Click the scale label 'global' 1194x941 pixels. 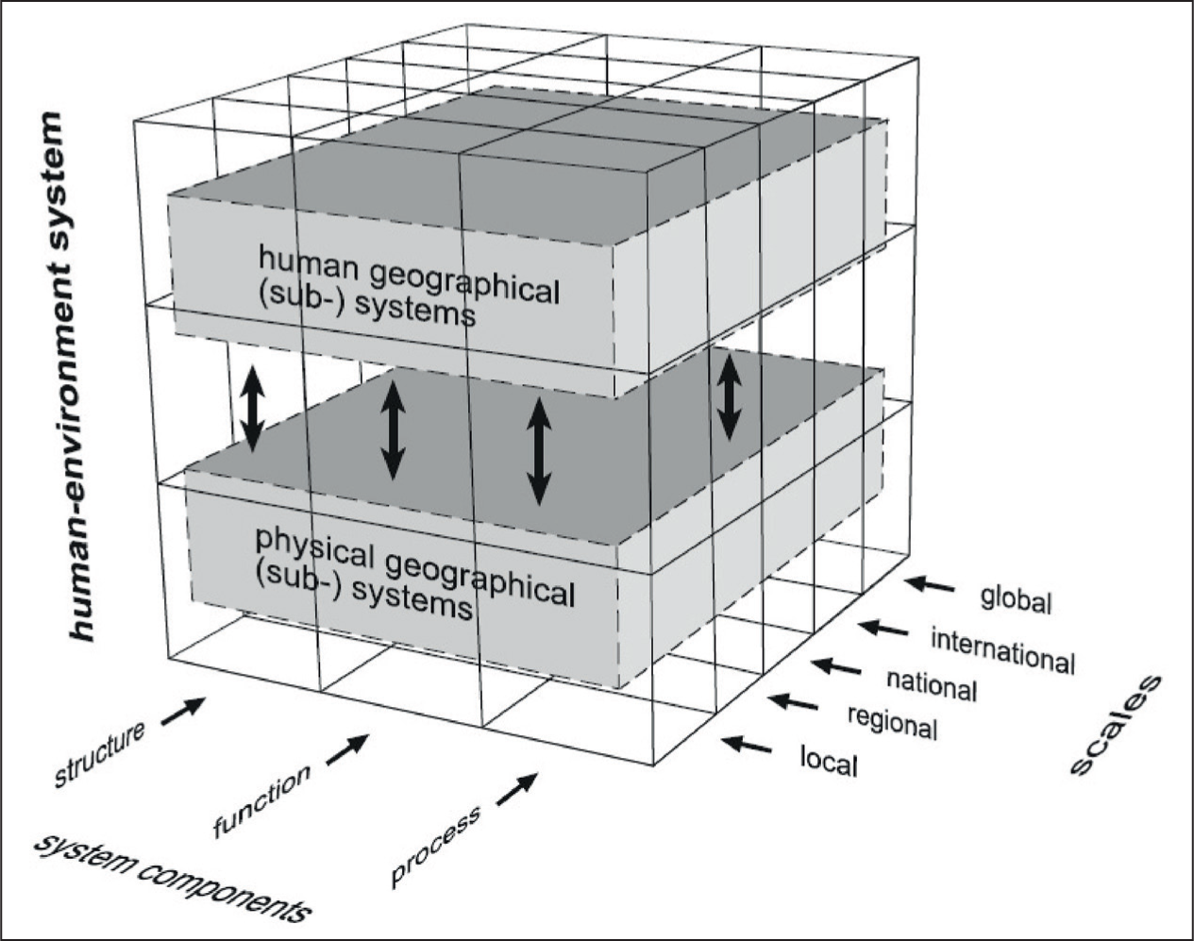[1016, 600]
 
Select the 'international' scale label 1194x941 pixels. [1003, 651]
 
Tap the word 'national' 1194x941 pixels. [933, 686]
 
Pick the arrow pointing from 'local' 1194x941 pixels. [747, 744]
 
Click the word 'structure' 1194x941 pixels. [99, 753]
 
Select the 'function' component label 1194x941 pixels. [261, 800]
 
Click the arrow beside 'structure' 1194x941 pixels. [183, 711]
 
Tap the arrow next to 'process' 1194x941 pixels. [516, 788]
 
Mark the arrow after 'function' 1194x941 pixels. [347, 749]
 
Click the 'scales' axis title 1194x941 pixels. [1116, 725]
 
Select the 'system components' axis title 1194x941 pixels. [172, 882]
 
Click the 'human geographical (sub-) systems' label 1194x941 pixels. [409, 288]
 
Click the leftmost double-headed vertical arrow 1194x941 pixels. [252, 408]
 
